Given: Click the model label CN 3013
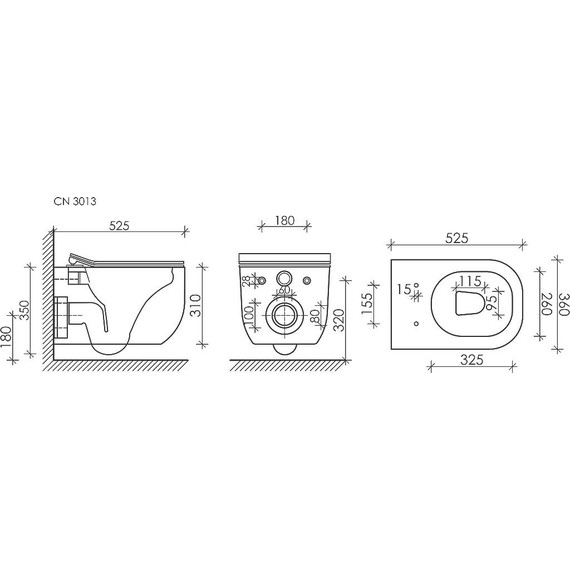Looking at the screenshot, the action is click(x=75, y=201).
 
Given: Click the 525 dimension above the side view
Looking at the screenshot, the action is click(x=119, y=226).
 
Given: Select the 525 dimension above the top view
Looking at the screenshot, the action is click(x=457, y=238).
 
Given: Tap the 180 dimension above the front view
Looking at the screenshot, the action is click(x=284, y=221).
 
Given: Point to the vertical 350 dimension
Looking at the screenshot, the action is click(x=24, y=310).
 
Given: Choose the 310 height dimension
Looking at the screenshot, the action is click(x=196, y=305).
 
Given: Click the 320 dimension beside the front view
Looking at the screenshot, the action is click(x=339, y=320).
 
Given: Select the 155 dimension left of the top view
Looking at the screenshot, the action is click(x=368, y=304).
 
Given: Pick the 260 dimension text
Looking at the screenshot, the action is click(x=546, y=304).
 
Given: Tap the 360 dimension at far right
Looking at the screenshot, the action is click(x=563, y=304).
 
